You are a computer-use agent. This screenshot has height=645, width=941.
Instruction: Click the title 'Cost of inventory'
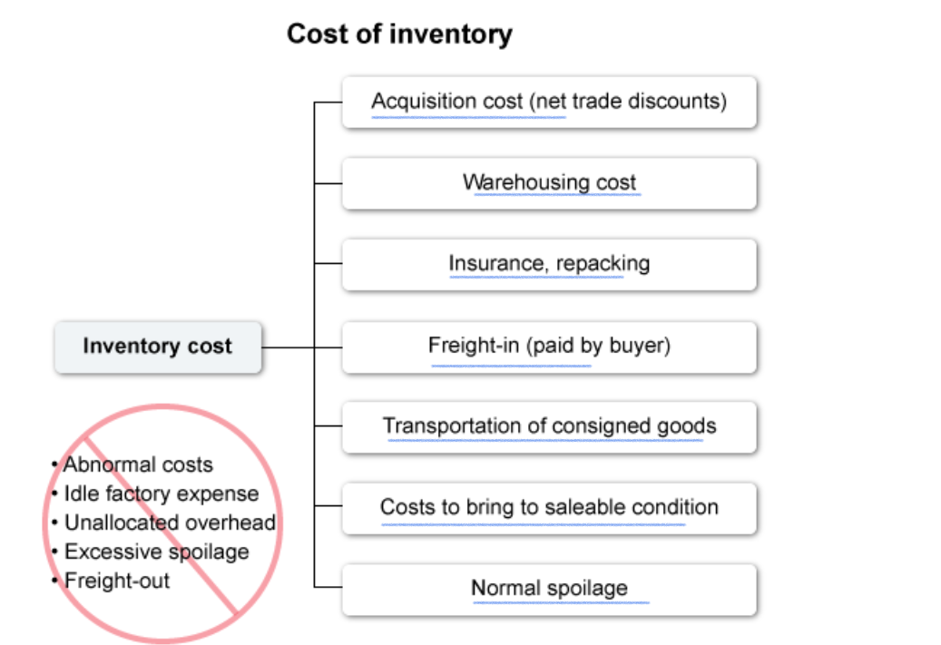click(399, 34)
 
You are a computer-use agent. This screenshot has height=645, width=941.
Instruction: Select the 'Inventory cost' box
click(158, 347)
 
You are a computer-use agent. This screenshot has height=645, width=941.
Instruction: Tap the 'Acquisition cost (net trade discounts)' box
click(549, 102)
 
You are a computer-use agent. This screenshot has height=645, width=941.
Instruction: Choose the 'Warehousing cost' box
click(549, 182)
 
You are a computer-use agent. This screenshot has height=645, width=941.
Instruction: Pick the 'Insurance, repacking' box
click(549, 264)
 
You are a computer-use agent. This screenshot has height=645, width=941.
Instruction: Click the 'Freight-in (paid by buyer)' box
click(549, 346)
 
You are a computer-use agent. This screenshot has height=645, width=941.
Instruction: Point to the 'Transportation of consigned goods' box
click(549, 426)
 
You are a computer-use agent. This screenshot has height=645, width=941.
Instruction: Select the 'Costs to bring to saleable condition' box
click(549, 507)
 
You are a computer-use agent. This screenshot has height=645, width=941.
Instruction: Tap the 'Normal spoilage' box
click(549, 589)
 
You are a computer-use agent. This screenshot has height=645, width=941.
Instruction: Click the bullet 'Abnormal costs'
click(137, 465)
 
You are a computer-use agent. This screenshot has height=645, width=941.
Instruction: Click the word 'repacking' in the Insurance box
click(603, 264)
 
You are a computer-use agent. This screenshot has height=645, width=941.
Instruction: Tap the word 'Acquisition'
click(422, 102)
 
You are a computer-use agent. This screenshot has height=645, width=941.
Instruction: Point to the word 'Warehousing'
click(514, 182)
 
